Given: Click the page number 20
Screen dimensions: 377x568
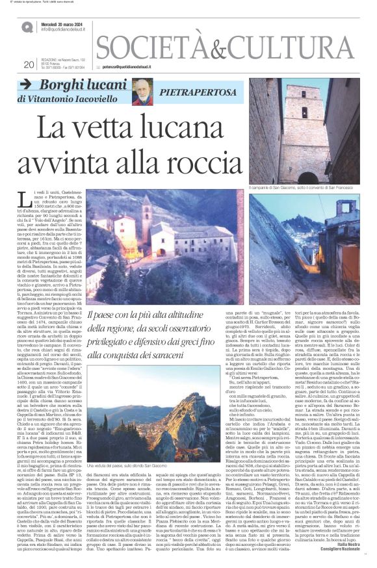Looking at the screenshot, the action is [x=28, y=64].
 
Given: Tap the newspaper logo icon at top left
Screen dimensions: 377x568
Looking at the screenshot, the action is [x=27, y=27].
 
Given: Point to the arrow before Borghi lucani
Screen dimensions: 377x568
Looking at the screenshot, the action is [x=25, y=85].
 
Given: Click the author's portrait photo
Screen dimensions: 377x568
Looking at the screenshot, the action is [x=142, y=91].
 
